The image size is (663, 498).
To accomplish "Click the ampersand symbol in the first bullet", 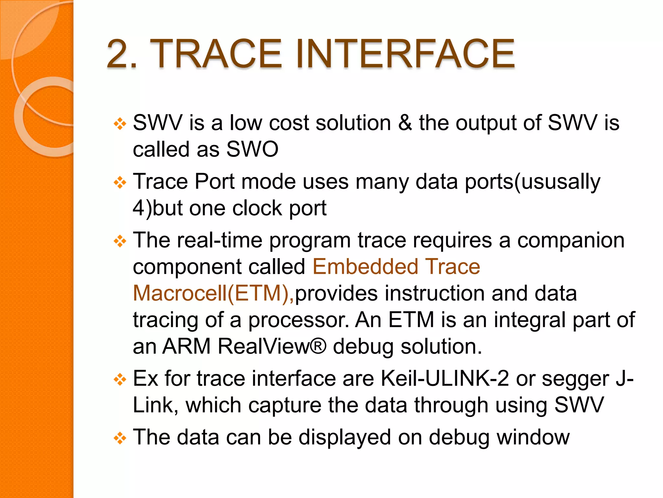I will click(x=405, y=123).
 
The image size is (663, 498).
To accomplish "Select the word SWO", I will click(x=252, y=149).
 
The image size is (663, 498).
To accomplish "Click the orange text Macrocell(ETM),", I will click(x=213, y=293).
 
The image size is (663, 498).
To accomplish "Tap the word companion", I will click(x=571, y=241).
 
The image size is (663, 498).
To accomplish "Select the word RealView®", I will click(x=272, y=346).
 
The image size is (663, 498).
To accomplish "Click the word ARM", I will click(x=186, y=346).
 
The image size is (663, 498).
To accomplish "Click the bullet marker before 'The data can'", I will click(x=120, y=439).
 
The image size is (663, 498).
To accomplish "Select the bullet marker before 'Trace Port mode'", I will click(x=120, y=183).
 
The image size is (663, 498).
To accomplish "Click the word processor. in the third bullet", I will click(x=298, y=320).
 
